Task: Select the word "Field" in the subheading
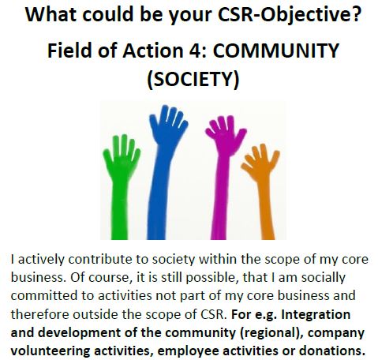69,50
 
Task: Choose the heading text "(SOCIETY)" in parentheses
193,79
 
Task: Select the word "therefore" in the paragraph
40,314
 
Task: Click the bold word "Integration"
316,315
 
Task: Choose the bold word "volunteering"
51,351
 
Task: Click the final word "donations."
332,351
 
